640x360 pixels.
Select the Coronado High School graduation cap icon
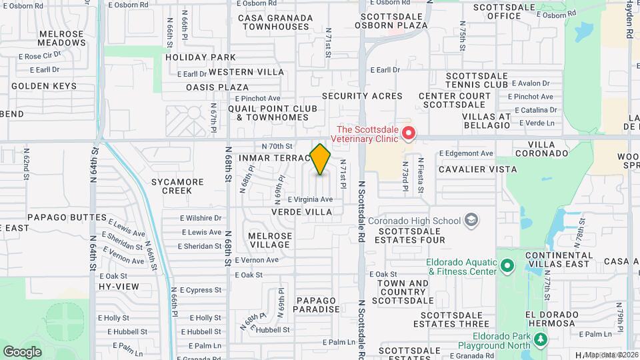click(471, 220)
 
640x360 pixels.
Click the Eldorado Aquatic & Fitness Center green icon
click(507, 267)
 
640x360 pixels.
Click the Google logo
click(22, 351)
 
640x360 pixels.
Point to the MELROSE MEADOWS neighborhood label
click(61, 38)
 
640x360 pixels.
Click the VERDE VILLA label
click(301, 211)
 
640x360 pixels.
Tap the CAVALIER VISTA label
click(478, 169)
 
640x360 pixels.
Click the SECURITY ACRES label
click(362, 96)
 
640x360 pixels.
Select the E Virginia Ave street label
click(310, 199)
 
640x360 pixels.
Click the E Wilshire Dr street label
click(201, 218)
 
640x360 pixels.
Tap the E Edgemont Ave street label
click(466, 153)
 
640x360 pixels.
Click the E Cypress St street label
click(201, 290)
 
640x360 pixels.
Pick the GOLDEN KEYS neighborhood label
click(44, 86)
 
